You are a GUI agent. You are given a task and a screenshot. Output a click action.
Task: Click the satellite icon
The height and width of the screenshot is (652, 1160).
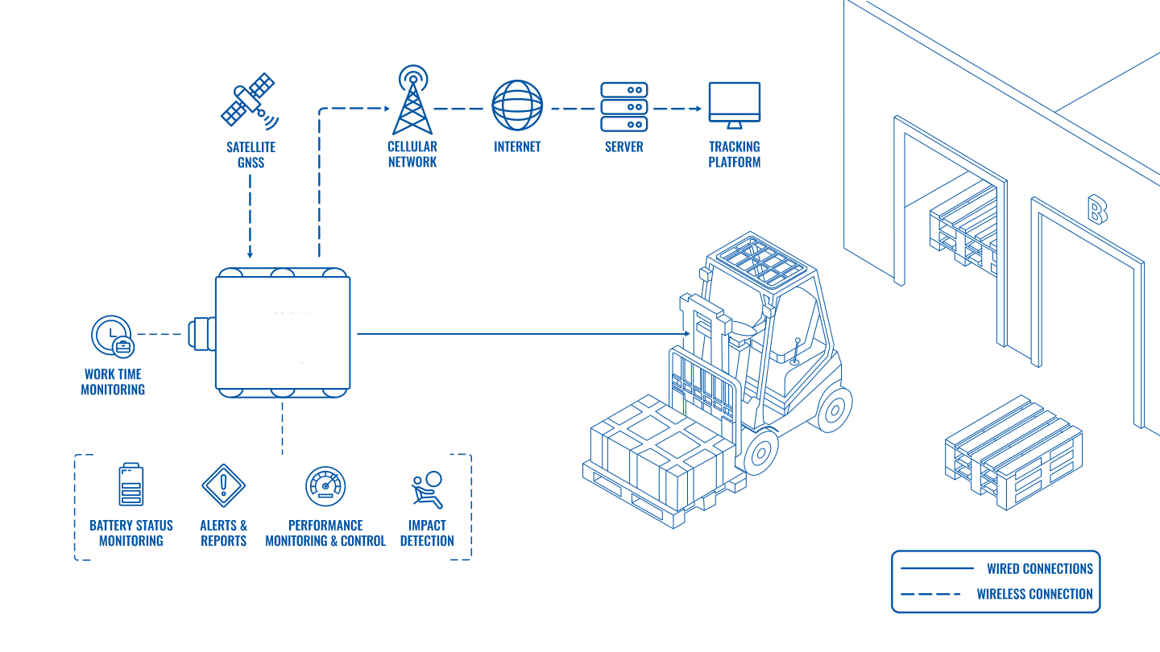(x=249, y=100)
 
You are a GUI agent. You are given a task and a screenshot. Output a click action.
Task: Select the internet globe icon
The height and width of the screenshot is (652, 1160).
(x=517, y=105)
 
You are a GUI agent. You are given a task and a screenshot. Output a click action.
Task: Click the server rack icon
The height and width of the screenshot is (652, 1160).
(x=624, y=106)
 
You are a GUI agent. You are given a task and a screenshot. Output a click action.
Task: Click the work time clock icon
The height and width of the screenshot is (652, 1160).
(x=113, y=336)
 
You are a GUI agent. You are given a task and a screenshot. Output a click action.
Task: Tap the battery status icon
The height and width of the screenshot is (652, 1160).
(x=131, y=485)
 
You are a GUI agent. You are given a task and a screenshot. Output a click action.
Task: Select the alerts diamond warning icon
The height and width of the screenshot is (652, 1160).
(x=223, y=485)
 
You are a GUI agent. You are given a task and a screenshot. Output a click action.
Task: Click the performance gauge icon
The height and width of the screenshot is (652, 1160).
(x=325, y=485)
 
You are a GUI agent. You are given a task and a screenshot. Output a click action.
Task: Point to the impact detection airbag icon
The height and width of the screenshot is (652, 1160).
(x=427, y=489)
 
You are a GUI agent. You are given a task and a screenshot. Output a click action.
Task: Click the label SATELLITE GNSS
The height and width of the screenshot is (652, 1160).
(x=251, y=155)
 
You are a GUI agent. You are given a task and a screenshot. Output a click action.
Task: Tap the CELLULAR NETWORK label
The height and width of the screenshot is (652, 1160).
(x=412, y=154)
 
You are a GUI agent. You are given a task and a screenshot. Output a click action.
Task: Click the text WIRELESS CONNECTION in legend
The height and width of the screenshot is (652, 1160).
(x=1034, y=595)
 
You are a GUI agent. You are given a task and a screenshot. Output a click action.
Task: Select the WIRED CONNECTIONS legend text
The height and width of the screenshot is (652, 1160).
(x=1039, y=568)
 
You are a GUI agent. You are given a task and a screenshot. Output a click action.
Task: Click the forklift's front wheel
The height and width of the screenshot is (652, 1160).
(x=759, y=452)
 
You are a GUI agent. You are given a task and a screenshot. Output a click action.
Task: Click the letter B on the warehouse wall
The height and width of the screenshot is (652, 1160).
(x=1097, y=209)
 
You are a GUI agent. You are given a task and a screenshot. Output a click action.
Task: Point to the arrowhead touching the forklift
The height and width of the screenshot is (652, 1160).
(x=686, y=332)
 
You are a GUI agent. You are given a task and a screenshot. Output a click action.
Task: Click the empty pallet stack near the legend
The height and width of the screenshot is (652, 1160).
(x=1013, y=451)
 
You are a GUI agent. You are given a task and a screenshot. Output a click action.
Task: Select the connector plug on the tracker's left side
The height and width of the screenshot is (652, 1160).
(x=201, y=333)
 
